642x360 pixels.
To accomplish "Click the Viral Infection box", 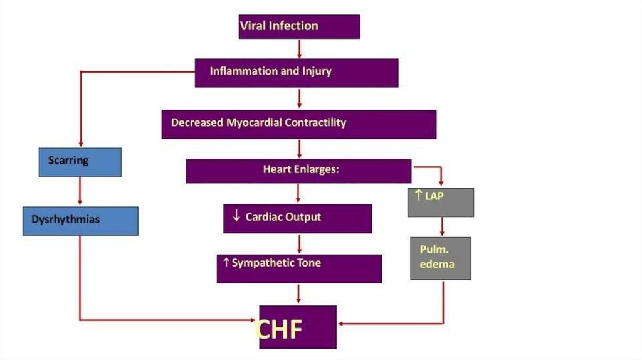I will tap(299, 26).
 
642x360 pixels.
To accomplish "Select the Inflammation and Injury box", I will tap(296, 72).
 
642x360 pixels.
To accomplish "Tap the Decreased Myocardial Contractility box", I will tap(298, 124).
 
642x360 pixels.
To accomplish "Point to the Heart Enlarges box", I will tap(298, 171).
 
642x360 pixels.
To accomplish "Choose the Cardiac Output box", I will tap(297, 218).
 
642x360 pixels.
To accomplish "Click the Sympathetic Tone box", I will tap(299, 268).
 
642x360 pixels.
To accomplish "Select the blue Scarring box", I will tap(80, 162).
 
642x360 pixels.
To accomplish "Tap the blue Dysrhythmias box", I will tap(80, 221).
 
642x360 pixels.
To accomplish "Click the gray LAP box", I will tap(440, 202).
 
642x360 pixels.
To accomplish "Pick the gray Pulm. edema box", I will tap(440, 258).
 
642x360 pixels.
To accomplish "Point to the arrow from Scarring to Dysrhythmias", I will tap(80, 191).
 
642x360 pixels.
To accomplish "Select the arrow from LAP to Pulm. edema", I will tap(443, 226).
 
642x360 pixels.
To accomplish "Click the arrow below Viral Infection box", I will tap(300, 48).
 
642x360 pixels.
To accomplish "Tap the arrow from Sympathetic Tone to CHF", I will tap(300, 294).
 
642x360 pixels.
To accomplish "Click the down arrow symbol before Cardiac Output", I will tap(236, 216).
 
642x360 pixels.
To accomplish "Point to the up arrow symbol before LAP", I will tap(418, 196).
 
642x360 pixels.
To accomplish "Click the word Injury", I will tap(317, 71).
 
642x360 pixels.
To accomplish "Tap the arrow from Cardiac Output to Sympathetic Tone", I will tap(300, 243).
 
